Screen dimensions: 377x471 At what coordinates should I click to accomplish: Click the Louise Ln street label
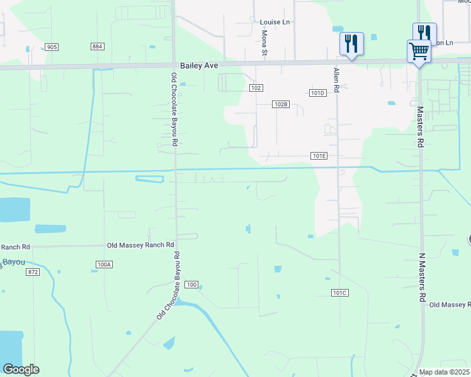275,22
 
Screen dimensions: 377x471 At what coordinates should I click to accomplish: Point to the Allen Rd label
337,80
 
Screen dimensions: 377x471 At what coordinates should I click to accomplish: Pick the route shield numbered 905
52,47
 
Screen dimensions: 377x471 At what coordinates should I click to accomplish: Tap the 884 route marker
97,47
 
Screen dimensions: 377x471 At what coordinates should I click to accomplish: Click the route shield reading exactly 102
255,88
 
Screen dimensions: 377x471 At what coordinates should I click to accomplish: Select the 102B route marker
281,104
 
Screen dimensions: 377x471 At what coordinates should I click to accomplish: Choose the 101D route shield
319,93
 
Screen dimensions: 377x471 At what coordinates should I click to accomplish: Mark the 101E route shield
319,156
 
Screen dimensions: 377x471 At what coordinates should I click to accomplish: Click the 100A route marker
105,265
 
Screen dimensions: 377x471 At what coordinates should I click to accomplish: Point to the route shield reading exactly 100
192,285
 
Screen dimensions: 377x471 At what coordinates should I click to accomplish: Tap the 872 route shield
33,272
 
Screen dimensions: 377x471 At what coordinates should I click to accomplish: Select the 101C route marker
340,293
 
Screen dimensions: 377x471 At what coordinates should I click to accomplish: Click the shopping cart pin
419,52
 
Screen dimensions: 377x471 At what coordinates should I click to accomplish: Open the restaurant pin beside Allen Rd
351,43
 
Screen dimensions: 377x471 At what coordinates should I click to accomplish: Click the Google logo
21,369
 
